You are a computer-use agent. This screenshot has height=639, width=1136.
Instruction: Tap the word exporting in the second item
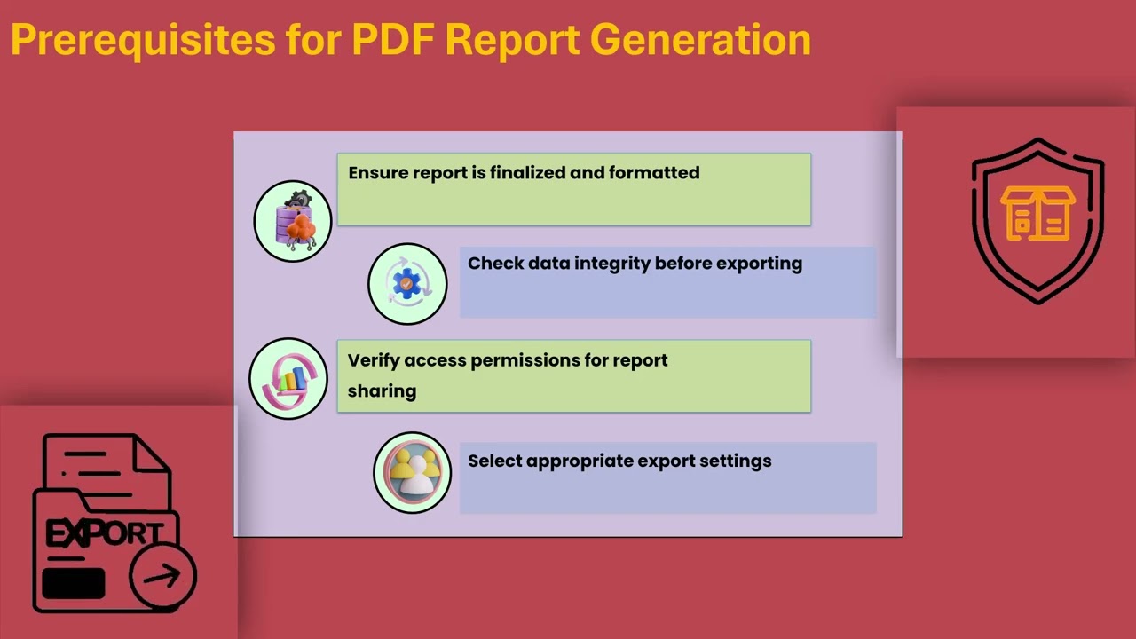[759, 264]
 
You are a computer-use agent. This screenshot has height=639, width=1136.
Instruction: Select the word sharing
[382, 390]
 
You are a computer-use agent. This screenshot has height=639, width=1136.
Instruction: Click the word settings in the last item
[735, 461]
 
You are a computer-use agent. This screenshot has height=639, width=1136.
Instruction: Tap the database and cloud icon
[293, 221]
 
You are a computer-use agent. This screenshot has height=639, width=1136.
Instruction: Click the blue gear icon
[407, 284]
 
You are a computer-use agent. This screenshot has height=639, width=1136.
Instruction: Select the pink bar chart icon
[288, 379]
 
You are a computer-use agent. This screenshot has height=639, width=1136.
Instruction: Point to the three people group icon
[412, 472]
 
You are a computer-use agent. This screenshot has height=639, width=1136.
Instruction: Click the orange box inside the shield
[1037, 214]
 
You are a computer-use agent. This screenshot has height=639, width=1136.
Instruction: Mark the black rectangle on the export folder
[74, 584]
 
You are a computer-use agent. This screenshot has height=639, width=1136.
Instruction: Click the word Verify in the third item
[373, 360]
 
